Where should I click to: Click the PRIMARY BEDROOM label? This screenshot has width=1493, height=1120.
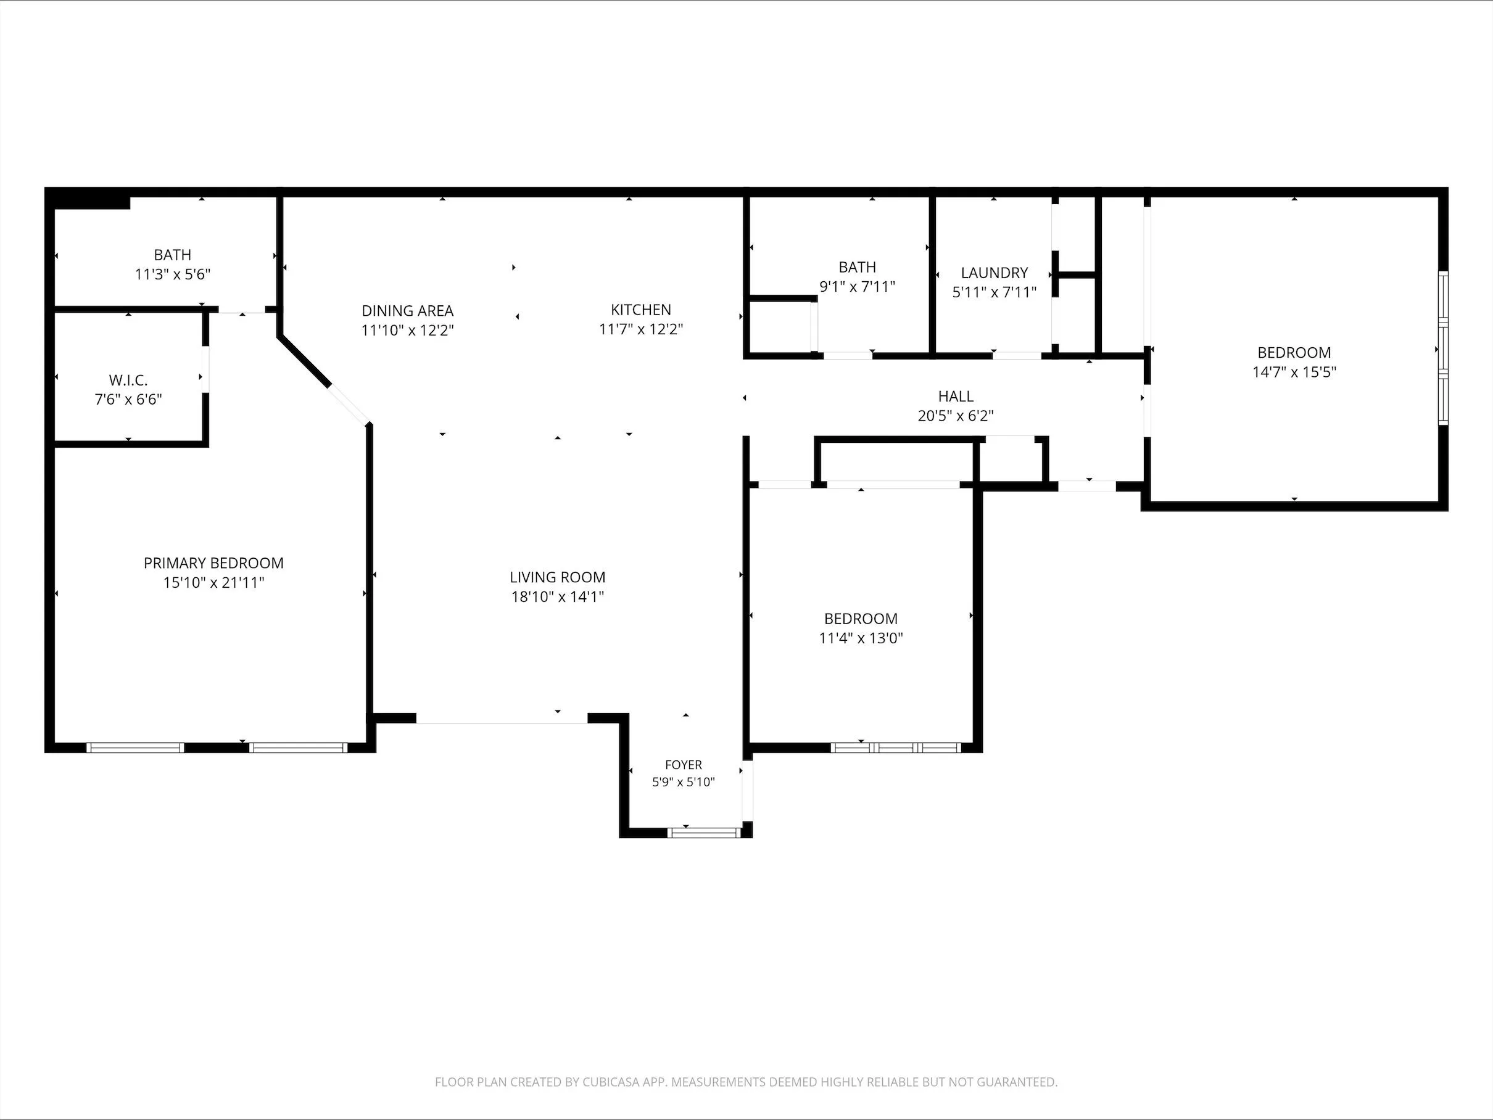(213, 562)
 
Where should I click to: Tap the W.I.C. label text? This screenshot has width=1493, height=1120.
(128, 380)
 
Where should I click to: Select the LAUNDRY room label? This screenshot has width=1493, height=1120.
(995, 273)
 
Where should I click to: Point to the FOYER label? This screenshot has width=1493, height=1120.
(683, 764)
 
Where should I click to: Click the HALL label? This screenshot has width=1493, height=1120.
(956, 396)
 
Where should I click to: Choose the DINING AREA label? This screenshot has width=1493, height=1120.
(408, 310)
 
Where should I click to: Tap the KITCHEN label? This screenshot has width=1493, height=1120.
(640, 310)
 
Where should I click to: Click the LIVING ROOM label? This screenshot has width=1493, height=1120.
(558, 577)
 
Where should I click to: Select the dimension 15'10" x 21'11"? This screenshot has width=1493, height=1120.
(213, 582)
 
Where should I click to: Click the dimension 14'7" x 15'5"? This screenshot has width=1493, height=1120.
(1294, 372)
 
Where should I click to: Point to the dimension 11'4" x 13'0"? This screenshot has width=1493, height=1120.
(861, 638)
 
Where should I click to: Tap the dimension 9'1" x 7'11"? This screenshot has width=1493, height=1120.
(857, 286)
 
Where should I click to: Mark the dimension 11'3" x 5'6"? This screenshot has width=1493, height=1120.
(173, 274)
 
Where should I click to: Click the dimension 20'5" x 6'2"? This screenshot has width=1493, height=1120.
(956, 416)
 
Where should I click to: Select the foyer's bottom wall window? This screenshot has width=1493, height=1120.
(705, 833)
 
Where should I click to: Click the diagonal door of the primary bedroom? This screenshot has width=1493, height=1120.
(349, 405)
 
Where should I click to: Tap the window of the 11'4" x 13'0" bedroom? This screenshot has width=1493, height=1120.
(896, 747)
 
